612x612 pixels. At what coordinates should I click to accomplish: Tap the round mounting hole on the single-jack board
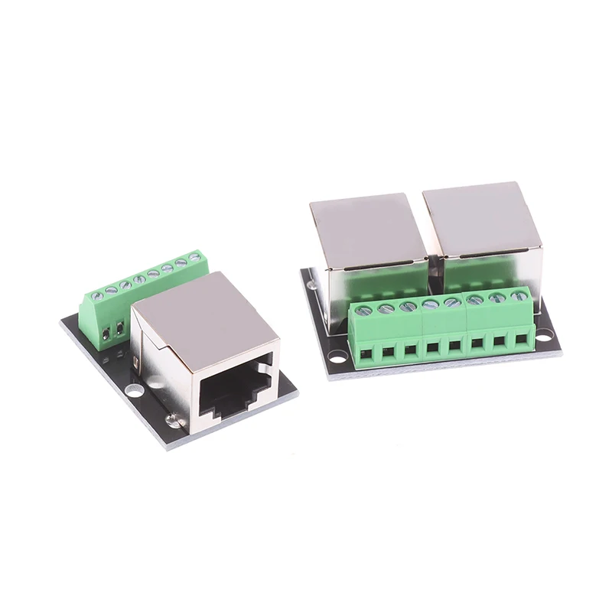pyautogui.click(x=135, y=390)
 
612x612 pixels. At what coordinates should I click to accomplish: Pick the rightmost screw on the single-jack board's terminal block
pyautogui.click(x=195, y=258)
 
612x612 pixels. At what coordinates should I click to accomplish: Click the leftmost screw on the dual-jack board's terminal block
pyautogui.click(x=365, y=310)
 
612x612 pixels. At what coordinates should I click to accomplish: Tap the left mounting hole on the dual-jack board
pyautogui.click(x=337, y=356)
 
